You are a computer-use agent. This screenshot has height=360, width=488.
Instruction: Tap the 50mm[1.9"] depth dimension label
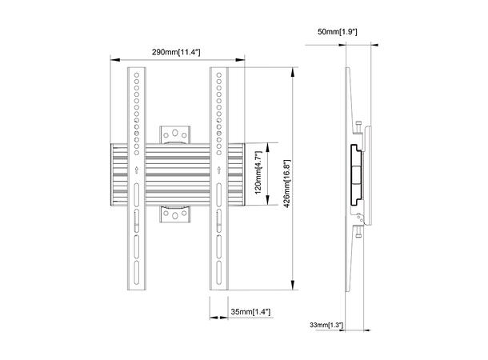point(337,30)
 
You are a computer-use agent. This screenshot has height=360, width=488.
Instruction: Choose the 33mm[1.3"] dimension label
point(326,325)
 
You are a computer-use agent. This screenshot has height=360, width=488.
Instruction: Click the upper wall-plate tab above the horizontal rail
point(176,134)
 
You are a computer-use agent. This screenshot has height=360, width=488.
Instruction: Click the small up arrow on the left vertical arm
point(137,169)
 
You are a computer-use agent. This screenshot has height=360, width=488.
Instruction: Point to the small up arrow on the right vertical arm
point(217,169)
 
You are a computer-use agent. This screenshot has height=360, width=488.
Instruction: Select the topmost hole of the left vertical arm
point(137,74)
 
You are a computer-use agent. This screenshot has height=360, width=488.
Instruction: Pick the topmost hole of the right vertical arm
point(217,74)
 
